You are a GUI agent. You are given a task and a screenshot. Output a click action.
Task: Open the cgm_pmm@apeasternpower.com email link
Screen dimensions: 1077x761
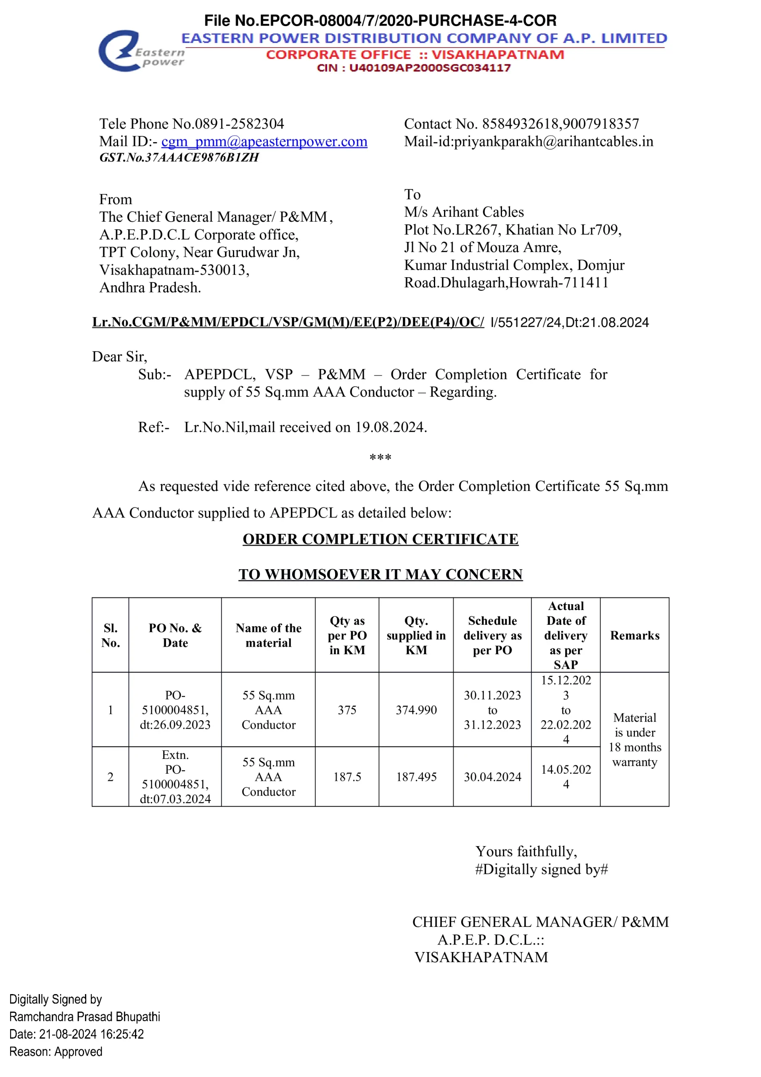[x=264, y=142]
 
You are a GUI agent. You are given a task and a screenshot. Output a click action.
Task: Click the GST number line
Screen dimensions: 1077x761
[x=179, y=158]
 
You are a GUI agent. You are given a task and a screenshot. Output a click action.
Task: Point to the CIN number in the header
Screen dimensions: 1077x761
[x=413, y=68]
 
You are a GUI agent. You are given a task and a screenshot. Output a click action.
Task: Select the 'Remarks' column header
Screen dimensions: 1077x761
[x=634, y=635]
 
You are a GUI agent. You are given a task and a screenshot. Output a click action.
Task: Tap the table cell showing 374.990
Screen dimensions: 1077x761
[x=416, y=710]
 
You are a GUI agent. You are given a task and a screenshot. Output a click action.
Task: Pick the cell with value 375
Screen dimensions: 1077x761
[x=347, y=710]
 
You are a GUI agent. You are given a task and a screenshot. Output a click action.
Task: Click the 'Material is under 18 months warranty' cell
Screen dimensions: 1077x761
[x=634, y=740]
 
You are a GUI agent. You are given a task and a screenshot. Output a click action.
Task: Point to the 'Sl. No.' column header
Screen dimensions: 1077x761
[x=111, y=635]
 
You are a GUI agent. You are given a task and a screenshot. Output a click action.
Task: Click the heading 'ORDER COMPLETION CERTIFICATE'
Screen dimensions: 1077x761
[x=380, y=539]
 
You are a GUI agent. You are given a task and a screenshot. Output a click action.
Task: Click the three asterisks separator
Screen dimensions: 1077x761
[x=380, y=457]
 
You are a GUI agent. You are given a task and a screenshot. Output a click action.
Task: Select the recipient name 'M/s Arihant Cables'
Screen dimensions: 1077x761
[x=464, y=212]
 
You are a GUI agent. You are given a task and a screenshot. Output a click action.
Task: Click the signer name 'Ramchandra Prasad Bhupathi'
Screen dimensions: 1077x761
[x=85, y=1016]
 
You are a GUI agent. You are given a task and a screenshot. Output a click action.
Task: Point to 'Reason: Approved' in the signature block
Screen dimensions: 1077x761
[x=56, y=1052]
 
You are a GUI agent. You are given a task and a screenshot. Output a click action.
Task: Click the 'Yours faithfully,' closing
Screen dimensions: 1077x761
[x=526, y=852]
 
